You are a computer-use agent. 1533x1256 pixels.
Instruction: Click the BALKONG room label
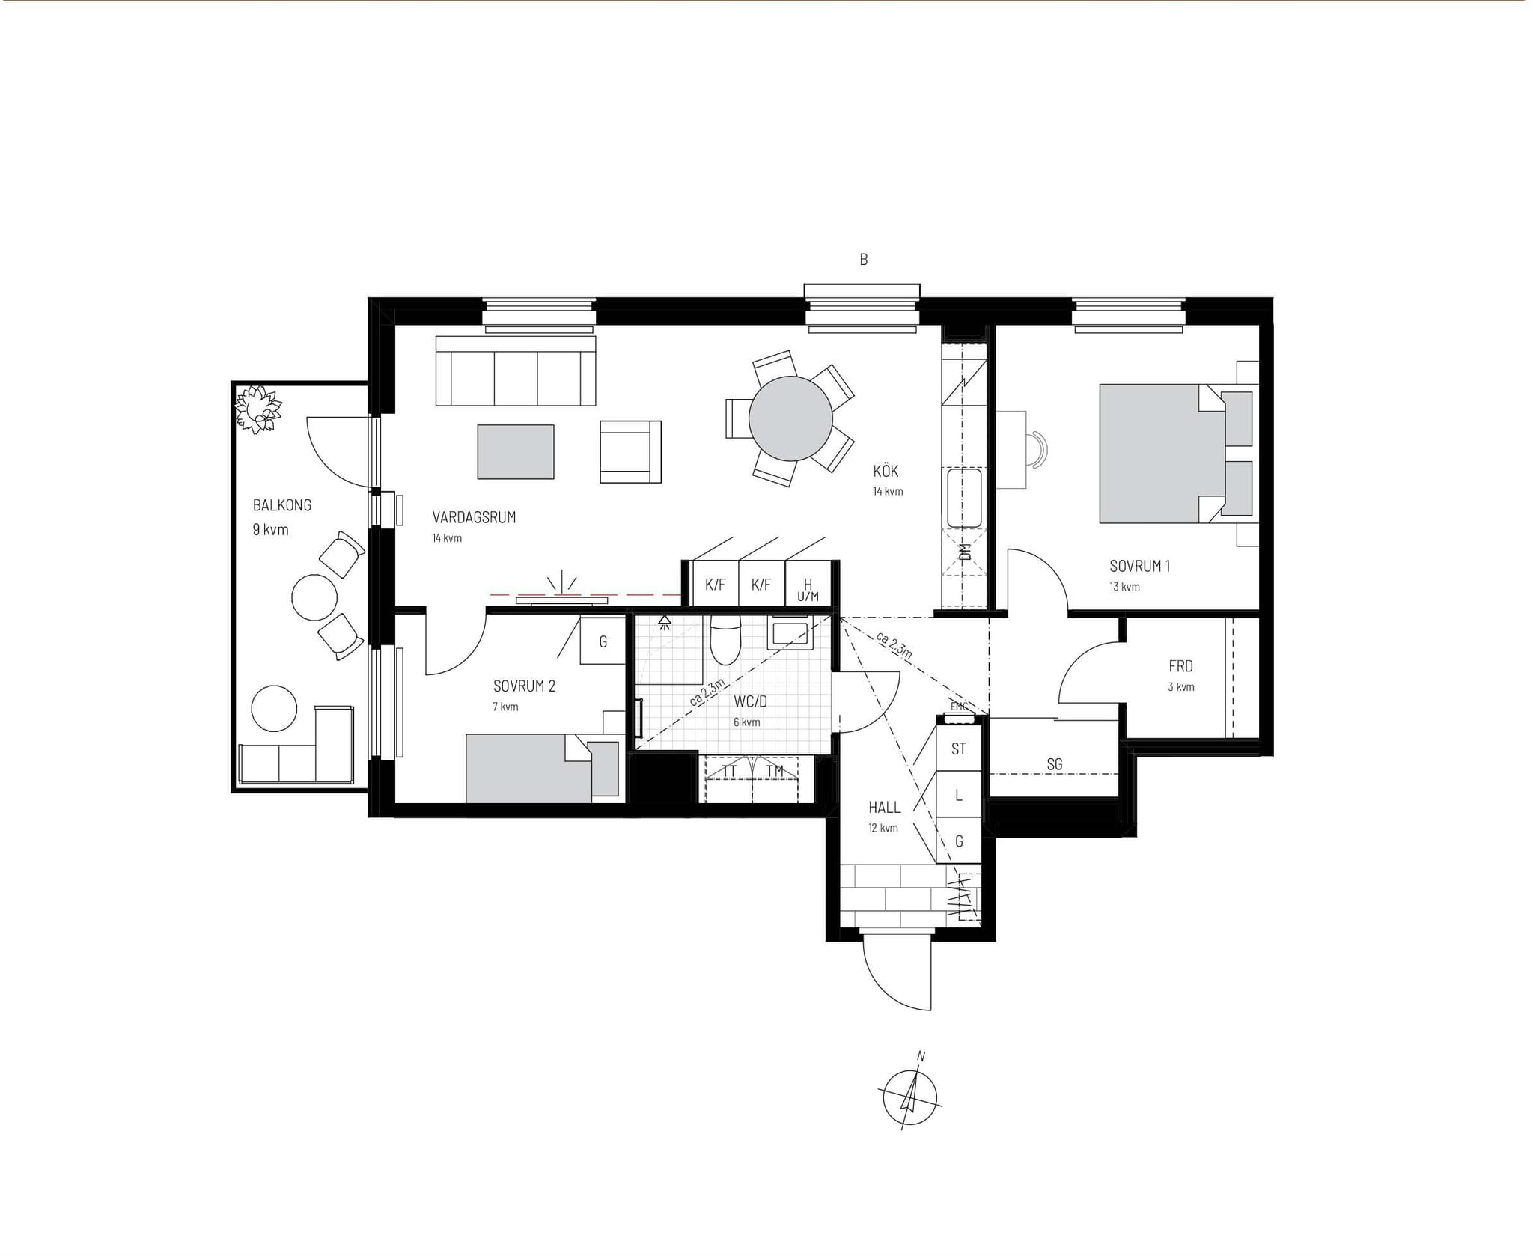(x=282, y=505)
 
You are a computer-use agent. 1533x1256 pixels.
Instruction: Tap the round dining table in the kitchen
(x=790, y=418)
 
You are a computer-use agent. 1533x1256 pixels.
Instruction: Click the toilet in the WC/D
(x=725, y=641)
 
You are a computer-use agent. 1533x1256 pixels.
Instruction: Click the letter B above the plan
(x=863, y=260)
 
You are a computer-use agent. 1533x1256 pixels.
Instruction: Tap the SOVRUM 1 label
(x=1139, y=567)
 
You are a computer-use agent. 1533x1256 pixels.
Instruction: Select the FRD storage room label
(x=1180, y=666)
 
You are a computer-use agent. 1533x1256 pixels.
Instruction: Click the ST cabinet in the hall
(x=959, y=749)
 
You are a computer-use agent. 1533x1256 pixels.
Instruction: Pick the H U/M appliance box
(x=808, y=583)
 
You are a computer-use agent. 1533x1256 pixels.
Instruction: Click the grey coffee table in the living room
(x=516, y=452)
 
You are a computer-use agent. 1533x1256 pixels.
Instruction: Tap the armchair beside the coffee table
(x=630, y=451)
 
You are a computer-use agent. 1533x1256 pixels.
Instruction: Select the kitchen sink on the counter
(x=964, y=499)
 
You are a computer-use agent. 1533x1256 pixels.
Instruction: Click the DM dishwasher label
(x=964, y=552)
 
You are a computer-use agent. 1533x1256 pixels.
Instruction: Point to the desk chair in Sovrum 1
(x=1037, y=450)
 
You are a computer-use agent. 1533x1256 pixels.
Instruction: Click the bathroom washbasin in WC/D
(x=788, y=633)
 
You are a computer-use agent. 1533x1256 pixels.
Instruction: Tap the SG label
(x=1054, y=764)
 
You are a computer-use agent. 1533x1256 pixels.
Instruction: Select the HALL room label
(x=884, y=808)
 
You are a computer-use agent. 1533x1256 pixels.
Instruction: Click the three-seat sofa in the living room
(x=516, y=371)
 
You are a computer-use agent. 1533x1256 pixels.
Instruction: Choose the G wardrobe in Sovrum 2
(x=603, y=641)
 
